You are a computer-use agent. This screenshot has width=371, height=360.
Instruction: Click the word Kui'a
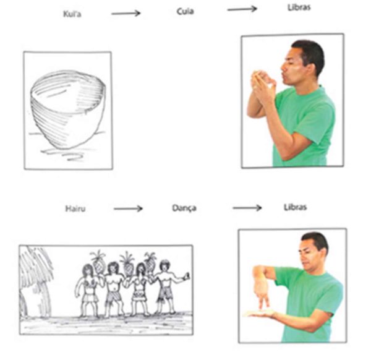pyautogui.click(x=72, y=14)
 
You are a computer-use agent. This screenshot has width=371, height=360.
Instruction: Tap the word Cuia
pyautogui.click(x=185, y=11)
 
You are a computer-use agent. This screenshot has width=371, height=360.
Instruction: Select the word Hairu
pyautogui.click(x=75, y=208)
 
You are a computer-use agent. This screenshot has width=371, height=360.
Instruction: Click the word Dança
pyautogui.click(x=184, y=208)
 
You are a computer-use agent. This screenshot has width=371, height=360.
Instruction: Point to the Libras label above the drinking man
pyautogui.click(x=299, y=7)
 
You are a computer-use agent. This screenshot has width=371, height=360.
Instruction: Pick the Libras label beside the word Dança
pyautogui.click(x=296, y=207)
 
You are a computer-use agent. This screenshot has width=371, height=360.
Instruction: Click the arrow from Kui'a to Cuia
pyautogui.click(x=126, y=13)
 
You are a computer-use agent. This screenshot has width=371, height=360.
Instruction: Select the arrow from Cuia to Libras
pyautogui.click(x=242, y=9)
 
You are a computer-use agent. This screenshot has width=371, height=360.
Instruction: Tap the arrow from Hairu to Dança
pyautogui.click(x=128, y=208)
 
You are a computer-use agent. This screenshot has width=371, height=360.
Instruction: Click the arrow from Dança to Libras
pyautogui.click(x=247, y=208)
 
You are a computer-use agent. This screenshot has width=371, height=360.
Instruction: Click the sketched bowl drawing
pyautogui.click(x=68, y=110)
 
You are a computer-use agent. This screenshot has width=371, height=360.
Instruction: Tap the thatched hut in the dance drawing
pyautogui.click(x=35, y=281)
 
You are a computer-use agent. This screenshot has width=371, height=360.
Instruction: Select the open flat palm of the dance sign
pyautogui.click(x=260, y=314)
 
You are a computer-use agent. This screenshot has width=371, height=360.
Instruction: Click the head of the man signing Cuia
pyautogui.click(x=302, y=62)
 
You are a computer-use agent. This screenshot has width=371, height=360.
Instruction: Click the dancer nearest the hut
pyautogui.click(x=87, y=291)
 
